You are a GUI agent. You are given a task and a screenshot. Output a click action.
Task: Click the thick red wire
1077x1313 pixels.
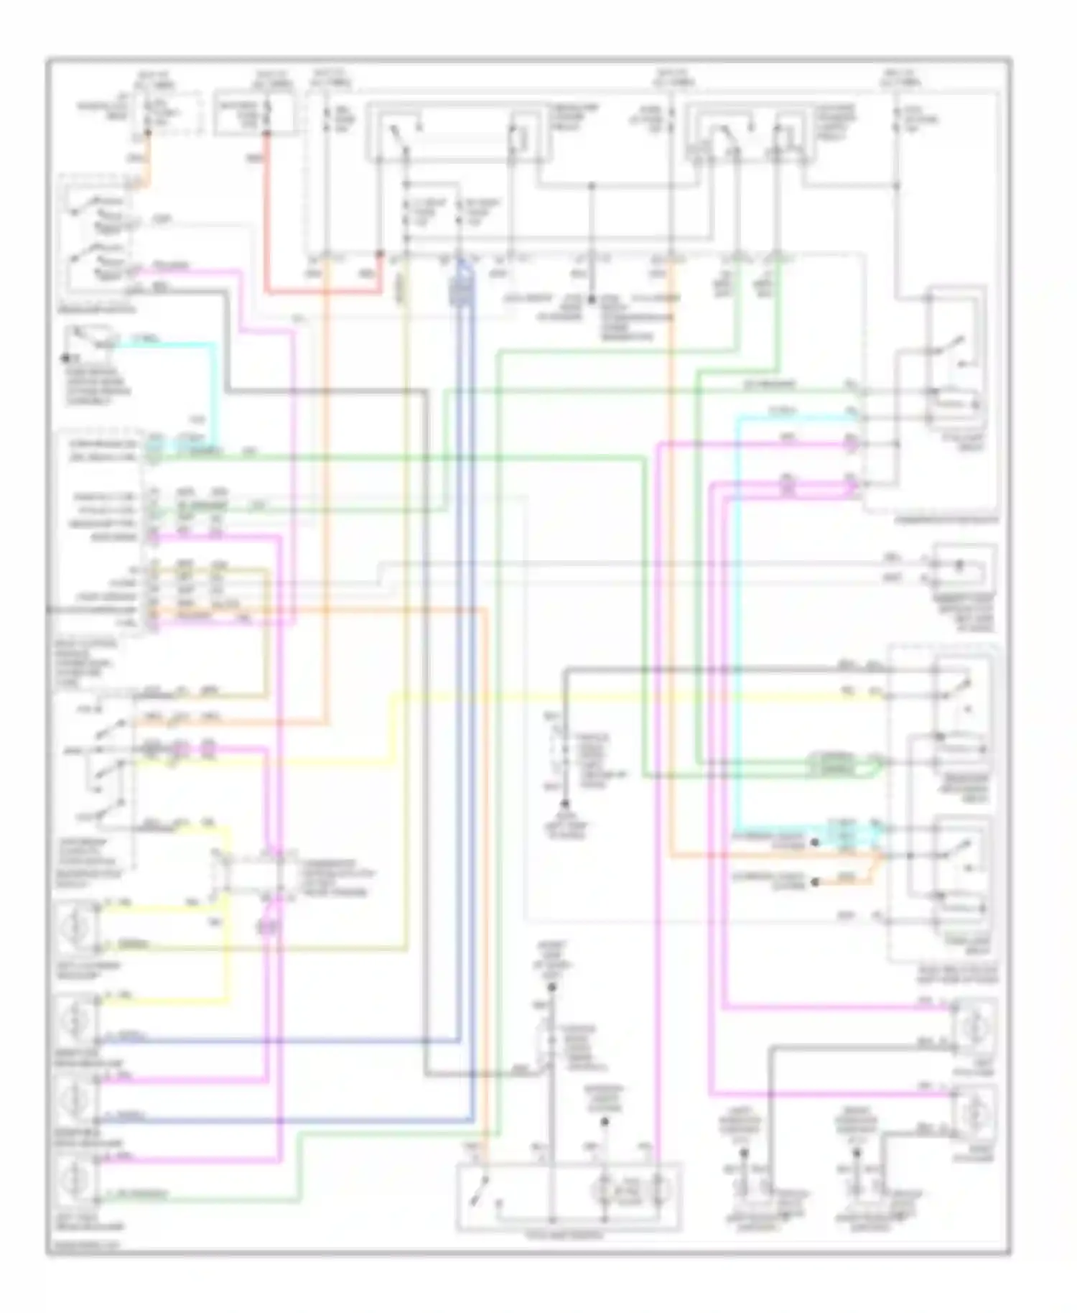coord(266,215)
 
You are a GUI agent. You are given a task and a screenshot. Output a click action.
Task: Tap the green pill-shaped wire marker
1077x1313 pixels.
coord(833,765)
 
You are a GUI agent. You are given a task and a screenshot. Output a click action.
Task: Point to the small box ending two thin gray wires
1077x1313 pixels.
coord(962,567)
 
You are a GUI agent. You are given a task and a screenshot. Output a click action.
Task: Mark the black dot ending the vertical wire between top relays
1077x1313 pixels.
coord(592,300)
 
